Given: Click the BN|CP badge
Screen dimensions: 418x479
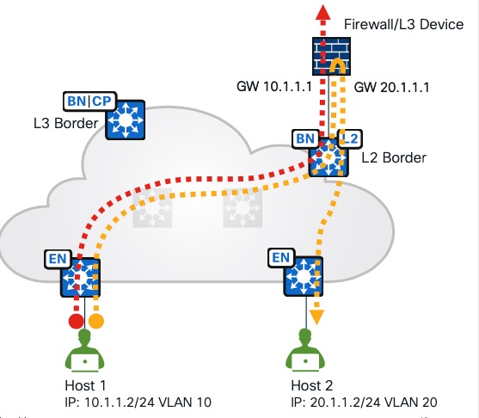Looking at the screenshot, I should [x=88, y=100].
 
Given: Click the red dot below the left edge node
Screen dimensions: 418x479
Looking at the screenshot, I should [x=76, y=321].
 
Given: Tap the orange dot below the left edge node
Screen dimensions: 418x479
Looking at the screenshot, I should [x=96, y=321].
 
